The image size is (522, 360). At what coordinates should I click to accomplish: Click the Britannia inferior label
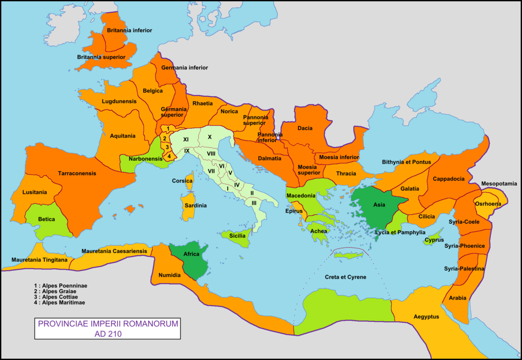[129, 31]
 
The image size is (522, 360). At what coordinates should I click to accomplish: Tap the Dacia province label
[305, 128]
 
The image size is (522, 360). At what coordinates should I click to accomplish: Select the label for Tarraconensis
[77, 173]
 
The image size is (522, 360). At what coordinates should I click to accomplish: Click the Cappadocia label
[449, 179]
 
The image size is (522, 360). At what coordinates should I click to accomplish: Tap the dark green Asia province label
[379, 205]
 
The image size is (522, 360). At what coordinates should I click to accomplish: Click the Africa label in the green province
[191, 254]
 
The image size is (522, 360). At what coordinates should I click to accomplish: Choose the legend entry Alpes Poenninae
[60, 286]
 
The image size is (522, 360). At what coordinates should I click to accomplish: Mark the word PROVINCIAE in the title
[64, 324]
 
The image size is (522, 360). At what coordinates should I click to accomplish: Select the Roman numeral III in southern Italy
[254, 202]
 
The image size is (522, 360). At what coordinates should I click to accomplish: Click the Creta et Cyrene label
[346, 277]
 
